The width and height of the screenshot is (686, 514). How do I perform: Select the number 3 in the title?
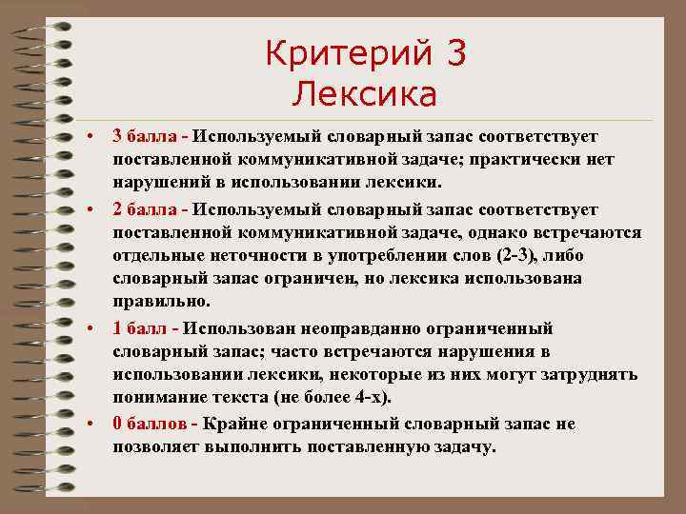[x=455, y=54]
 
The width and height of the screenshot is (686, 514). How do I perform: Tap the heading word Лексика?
[x=365, y=94]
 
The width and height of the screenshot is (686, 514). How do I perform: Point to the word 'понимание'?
[x=155, y=399]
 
